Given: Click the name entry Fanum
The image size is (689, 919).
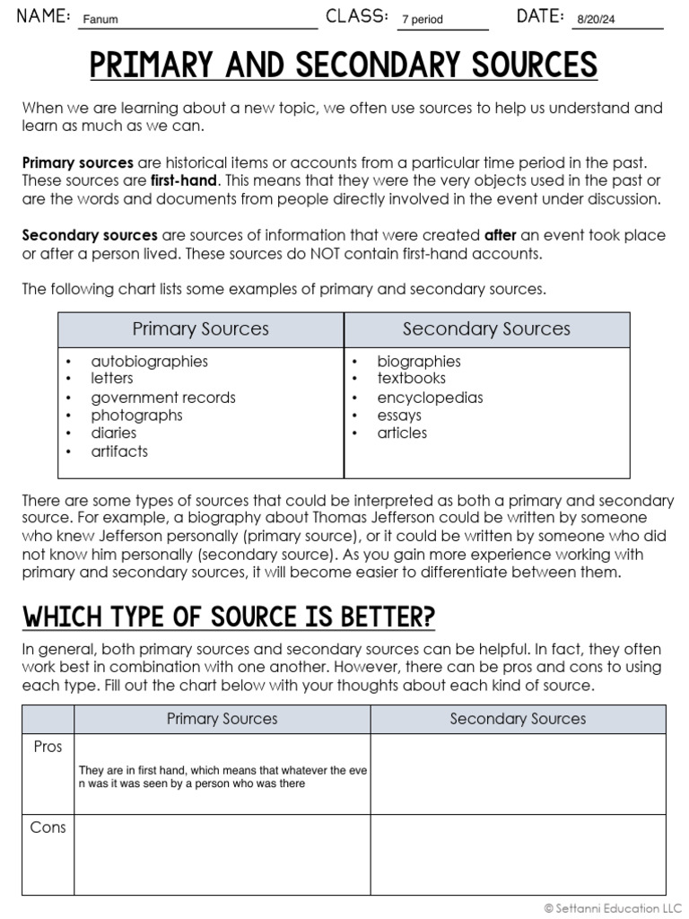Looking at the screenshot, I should (x=100, y=19).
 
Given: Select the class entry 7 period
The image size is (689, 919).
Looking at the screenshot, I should (x=422, y=19).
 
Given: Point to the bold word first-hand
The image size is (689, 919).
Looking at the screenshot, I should (x=185, y=180).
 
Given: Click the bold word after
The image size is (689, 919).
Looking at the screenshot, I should (x=501, y=235).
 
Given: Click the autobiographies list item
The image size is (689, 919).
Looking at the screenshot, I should (x=149, y=361).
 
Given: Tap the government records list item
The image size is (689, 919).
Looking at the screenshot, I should (x=163, y=397).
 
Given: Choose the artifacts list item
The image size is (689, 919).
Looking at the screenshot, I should (x=119, y=451).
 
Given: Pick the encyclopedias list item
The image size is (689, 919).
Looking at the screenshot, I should (x=430, y=397).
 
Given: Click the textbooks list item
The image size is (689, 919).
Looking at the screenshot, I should (x=411, y=379).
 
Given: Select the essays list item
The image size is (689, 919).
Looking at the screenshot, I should (x=399, y=415).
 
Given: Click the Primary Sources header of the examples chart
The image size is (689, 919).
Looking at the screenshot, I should (x=201, y=329).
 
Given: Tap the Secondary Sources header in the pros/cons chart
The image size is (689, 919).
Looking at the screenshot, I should (x=518, y=719).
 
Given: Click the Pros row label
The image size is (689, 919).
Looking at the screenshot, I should (x=48, y=747).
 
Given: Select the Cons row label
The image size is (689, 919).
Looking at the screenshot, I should (x=48, y=827).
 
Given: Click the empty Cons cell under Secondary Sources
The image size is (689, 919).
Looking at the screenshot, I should (x=518, y=854).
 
